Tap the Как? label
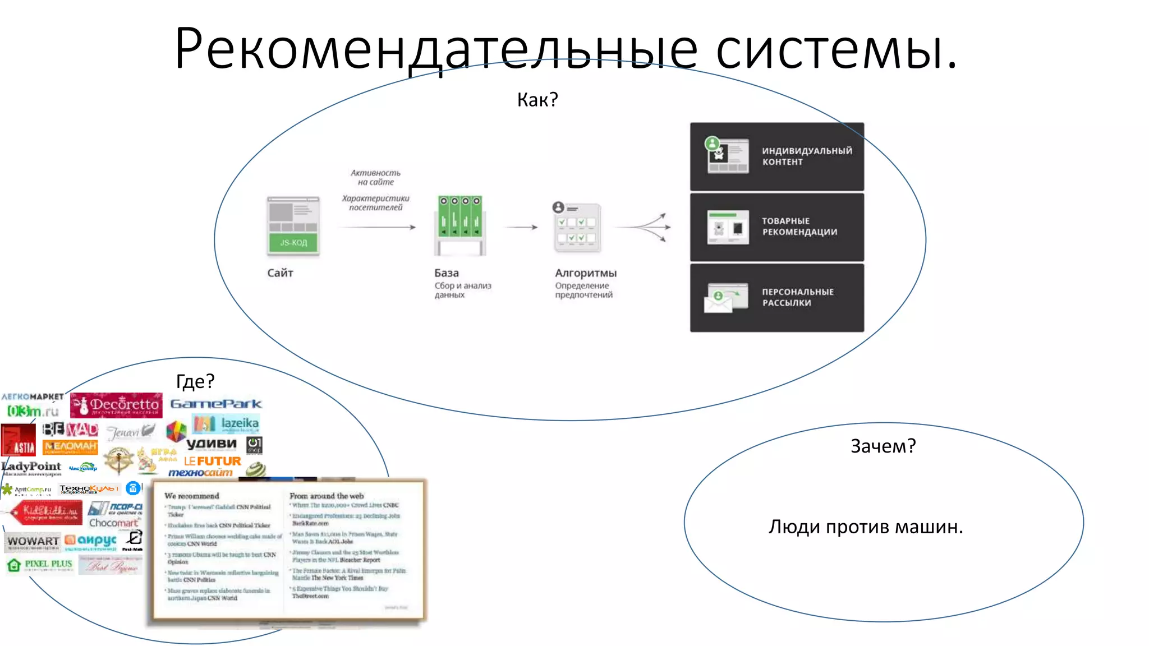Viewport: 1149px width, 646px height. click(537, 100)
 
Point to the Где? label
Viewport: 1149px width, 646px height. click(195, 381)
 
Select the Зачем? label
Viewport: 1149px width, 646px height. click(883, 446)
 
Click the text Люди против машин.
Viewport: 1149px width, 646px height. click(866, 527)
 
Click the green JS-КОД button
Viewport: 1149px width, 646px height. click(293, 242)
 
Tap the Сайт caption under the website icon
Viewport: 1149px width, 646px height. click(280, 273)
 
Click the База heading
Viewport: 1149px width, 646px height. click(447, 273)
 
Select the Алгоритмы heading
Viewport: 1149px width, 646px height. click(586, 273)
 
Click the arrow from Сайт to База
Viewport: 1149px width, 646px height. click(377, 227)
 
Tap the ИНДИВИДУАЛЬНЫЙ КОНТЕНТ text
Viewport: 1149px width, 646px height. click(806, 156)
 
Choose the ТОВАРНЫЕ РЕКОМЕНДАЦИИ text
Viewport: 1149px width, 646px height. click(799, 227)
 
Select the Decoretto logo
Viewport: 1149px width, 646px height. click(117, 405)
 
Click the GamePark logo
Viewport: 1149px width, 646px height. click(216, 404)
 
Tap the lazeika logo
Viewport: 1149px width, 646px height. click(226, 423)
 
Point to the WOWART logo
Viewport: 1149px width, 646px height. click(33, 542)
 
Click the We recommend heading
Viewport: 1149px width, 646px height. click(192, 496)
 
